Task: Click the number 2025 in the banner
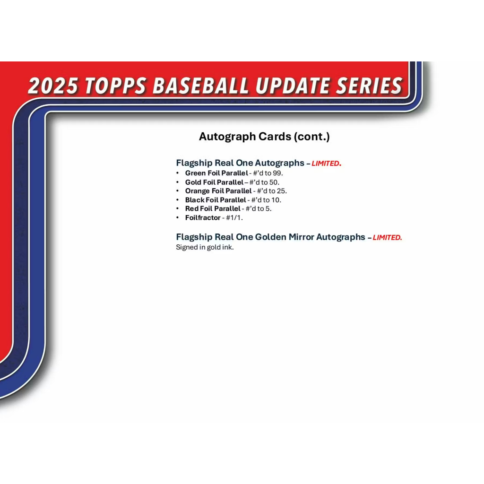[53, 86]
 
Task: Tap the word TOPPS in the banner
[115, 86]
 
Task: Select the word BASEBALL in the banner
[200, 86]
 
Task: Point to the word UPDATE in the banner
[292, 86]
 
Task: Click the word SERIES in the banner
[369, 86]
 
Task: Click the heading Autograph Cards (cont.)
[264, 137]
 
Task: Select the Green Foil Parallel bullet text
[216, 173]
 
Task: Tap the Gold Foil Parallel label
[214, 182]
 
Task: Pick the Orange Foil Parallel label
[218, 191]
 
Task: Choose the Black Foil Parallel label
[216, 200]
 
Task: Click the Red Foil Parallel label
[213, 208]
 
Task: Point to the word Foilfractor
[203, 217]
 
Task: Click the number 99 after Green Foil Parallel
[277, 173]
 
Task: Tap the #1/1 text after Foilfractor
[233, 217]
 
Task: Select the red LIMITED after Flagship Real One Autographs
[326, 163]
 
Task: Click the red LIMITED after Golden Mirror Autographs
[388, 237]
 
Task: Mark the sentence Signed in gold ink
[205, 247]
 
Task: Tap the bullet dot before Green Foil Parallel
[178, 173]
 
